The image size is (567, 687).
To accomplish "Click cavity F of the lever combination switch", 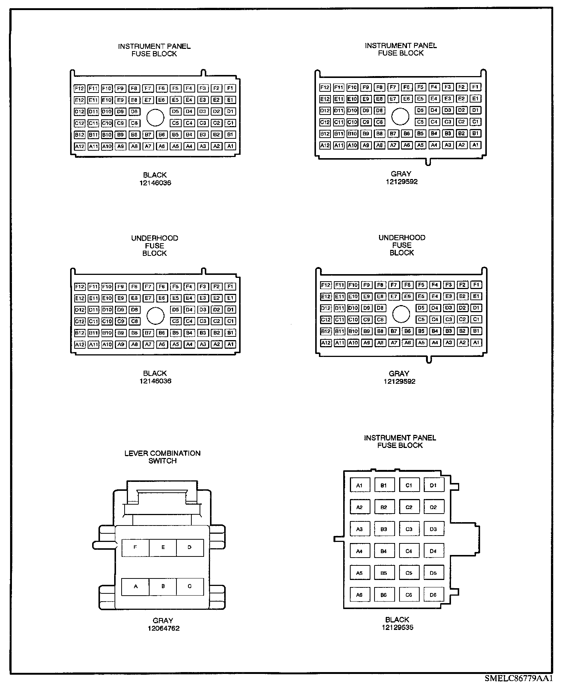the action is point(135,548).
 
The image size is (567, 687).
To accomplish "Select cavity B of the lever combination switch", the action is point(163,587).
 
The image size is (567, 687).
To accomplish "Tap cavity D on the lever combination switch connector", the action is point(190,548).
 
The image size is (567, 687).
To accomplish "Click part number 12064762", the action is point(163,628).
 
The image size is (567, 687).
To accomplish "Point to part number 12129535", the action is point(397,627).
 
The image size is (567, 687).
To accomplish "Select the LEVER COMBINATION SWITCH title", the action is point(162,457).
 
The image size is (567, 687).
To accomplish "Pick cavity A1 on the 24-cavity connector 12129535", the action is point(360,485).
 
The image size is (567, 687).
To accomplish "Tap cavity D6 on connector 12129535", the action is point(433,595).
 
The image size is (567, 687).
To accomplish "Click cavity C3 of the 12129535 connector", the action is point(409,529).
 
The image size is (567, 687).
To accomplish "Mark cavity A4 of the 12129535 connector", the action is point(360,551).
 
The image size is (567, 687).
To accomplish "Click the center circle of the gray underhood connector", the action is point(401,314).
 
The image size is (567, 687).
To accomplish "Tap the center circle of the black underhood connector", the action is point(156,316).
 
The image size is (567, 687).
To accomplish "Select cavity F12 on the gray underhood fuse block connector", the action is point(326,285).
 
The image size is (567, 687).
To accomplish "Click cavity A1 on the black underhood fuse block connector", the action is point(231,344).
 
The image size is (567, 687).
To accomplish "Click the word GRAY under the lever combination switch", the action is point(163,621).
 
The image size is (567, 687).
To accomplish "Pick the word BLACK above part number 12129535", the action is point(397,619).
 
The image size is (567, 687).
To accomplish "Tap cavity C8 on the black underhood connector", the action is point(135,321).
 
